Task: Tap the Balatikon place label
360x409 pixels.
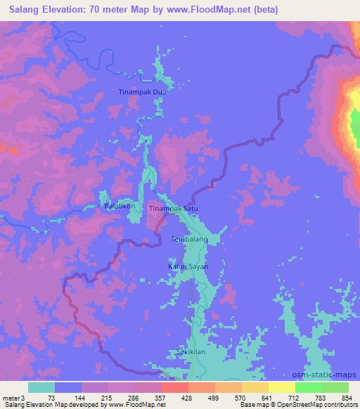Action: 120,207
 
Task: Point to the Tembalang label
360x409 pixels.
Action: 189,240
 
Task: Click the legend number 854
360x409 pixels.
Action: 347,398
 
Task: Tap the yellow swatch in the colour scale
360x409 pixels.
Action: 282,387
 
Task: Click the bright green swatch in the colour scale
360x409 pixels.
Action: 309,387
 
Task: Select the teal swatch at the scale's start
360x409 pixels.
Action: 41,387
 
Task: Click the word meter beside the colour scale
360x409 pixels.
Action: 11,398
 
